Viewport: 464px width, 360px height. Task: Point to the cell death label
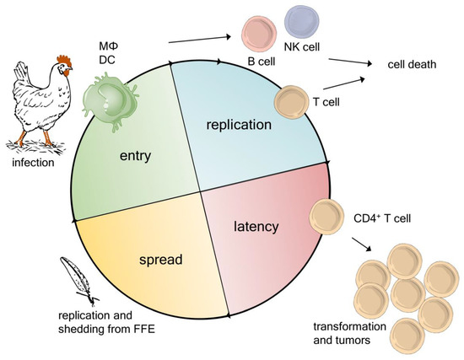[x=412, y=65]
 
